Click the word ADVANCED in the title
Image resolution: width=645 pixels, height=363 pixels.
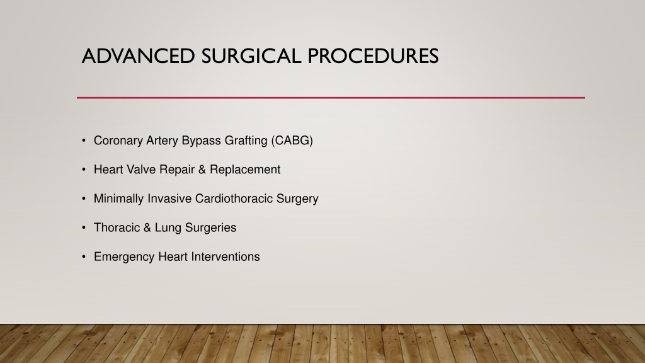[x=138, y=56]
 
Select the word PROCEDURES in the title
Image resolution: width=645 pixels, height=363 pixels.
[x=373, y=56]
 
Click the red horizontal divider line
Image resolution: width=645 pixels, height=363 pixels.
[x=331, y=98]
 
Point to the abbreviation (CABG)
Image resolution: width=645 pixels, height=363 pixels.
[x=292, y=141]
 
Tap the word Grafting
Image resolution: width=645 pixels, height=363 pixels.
[x=246, y=141]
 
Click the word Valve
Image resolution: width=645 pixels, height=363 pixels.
[x=140, y=170]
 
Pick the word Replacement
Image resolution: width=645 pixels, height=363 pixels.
[x=245, y=170]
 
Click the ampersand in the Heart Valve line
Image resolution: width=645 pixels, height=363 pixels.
[x=202, y=170]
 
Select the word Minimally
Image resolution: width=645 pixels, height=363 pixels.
[x=119, y=199]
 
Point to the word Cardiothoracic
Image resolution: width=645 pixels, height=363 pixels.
[x=234, y=199]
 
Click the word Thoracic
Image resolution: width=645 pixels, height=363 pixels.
[x=117, y=228]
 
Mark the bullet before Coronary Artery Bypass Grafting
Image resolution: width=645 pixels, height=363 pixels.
[x=84, y=141]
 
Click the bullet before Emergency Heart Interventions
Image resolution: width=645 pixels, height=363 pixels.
[x=84, y=257]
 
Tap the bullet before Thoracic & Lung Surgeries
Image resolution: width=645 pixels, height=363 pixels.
[x=84, y=228]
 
